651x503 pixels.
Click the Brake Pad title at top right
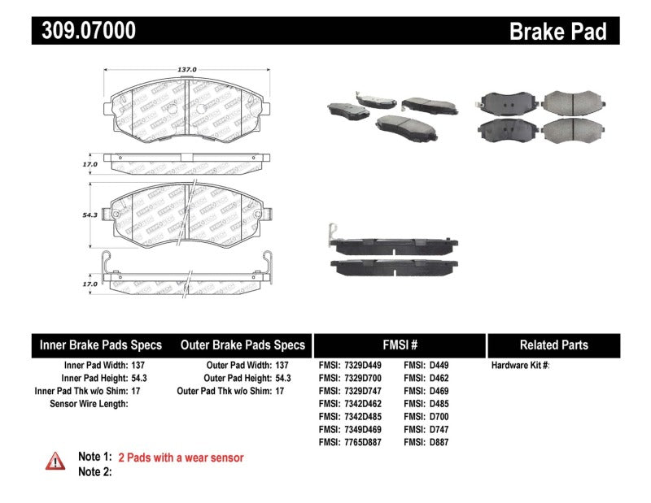tap(557, 32)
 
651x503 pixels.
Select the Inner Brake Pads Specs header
tap(101, 345)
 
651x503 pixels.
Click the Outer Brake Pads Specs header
tap(242, 345)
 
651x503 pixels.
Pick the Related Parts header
tap(553, 345)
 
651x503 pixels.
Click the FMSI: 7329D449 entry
tap(351, 366)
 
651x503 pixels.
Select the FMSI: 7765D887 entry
tap(351, 442)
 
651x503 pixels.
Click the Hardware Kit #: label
tap(521, 366)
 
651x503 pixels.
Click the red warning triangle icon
tap(55, 461)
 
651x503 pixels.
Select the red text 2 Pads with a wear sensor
tap(181, 457)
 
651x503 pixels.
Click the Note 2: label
tap(94, 471)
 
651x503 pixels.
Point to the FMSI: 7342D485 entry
tap(351, 417)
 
